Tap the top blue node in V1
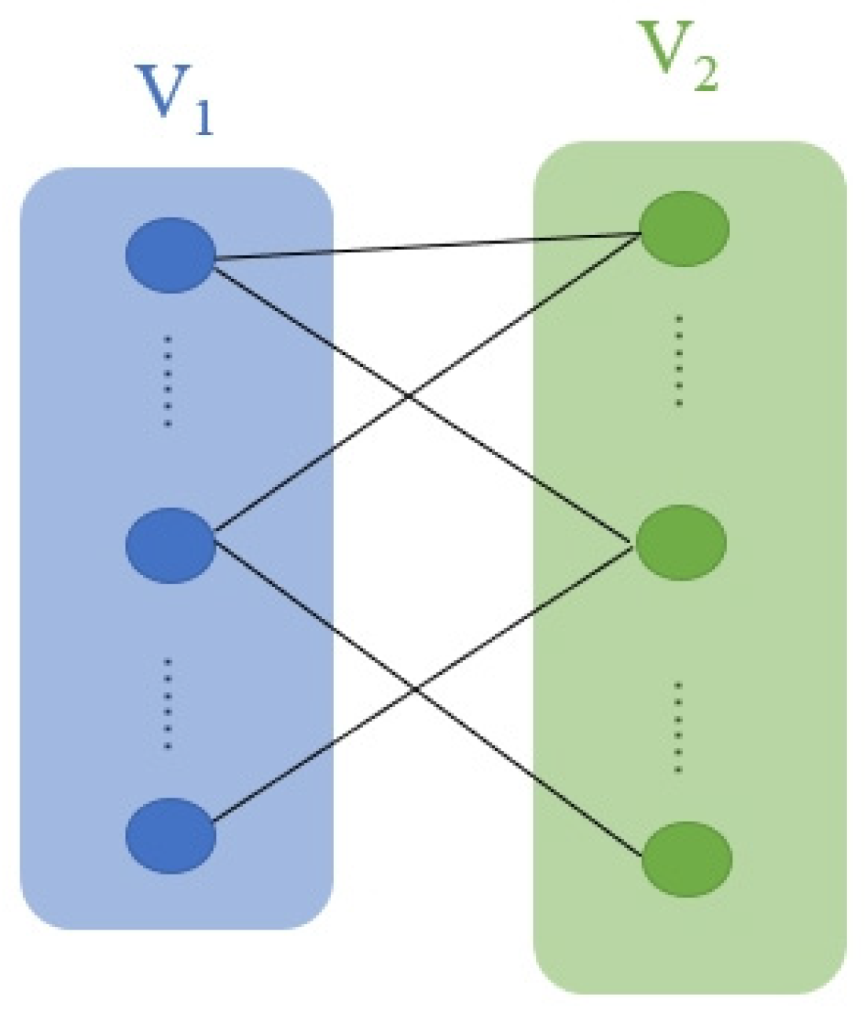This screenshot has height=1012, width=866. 171,255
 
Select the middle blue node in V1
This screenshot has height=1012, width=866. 171,545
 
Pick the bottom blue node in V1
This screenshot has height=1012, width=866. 171,835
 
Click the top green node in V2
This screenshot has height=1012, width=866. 684,229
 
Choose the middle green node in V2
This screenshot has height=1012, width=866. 681,543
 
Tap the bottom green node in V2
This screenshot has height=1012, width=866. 687,859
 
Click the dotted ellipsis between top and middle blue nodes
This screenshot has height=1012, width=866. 167,382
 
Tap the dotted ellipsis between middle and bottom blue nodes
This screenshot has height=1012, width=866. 167,704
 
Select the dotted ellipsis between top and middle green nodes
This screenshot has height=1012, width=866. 679,361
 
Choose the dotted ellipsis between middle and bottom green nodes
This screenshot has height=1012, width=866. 678,727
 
